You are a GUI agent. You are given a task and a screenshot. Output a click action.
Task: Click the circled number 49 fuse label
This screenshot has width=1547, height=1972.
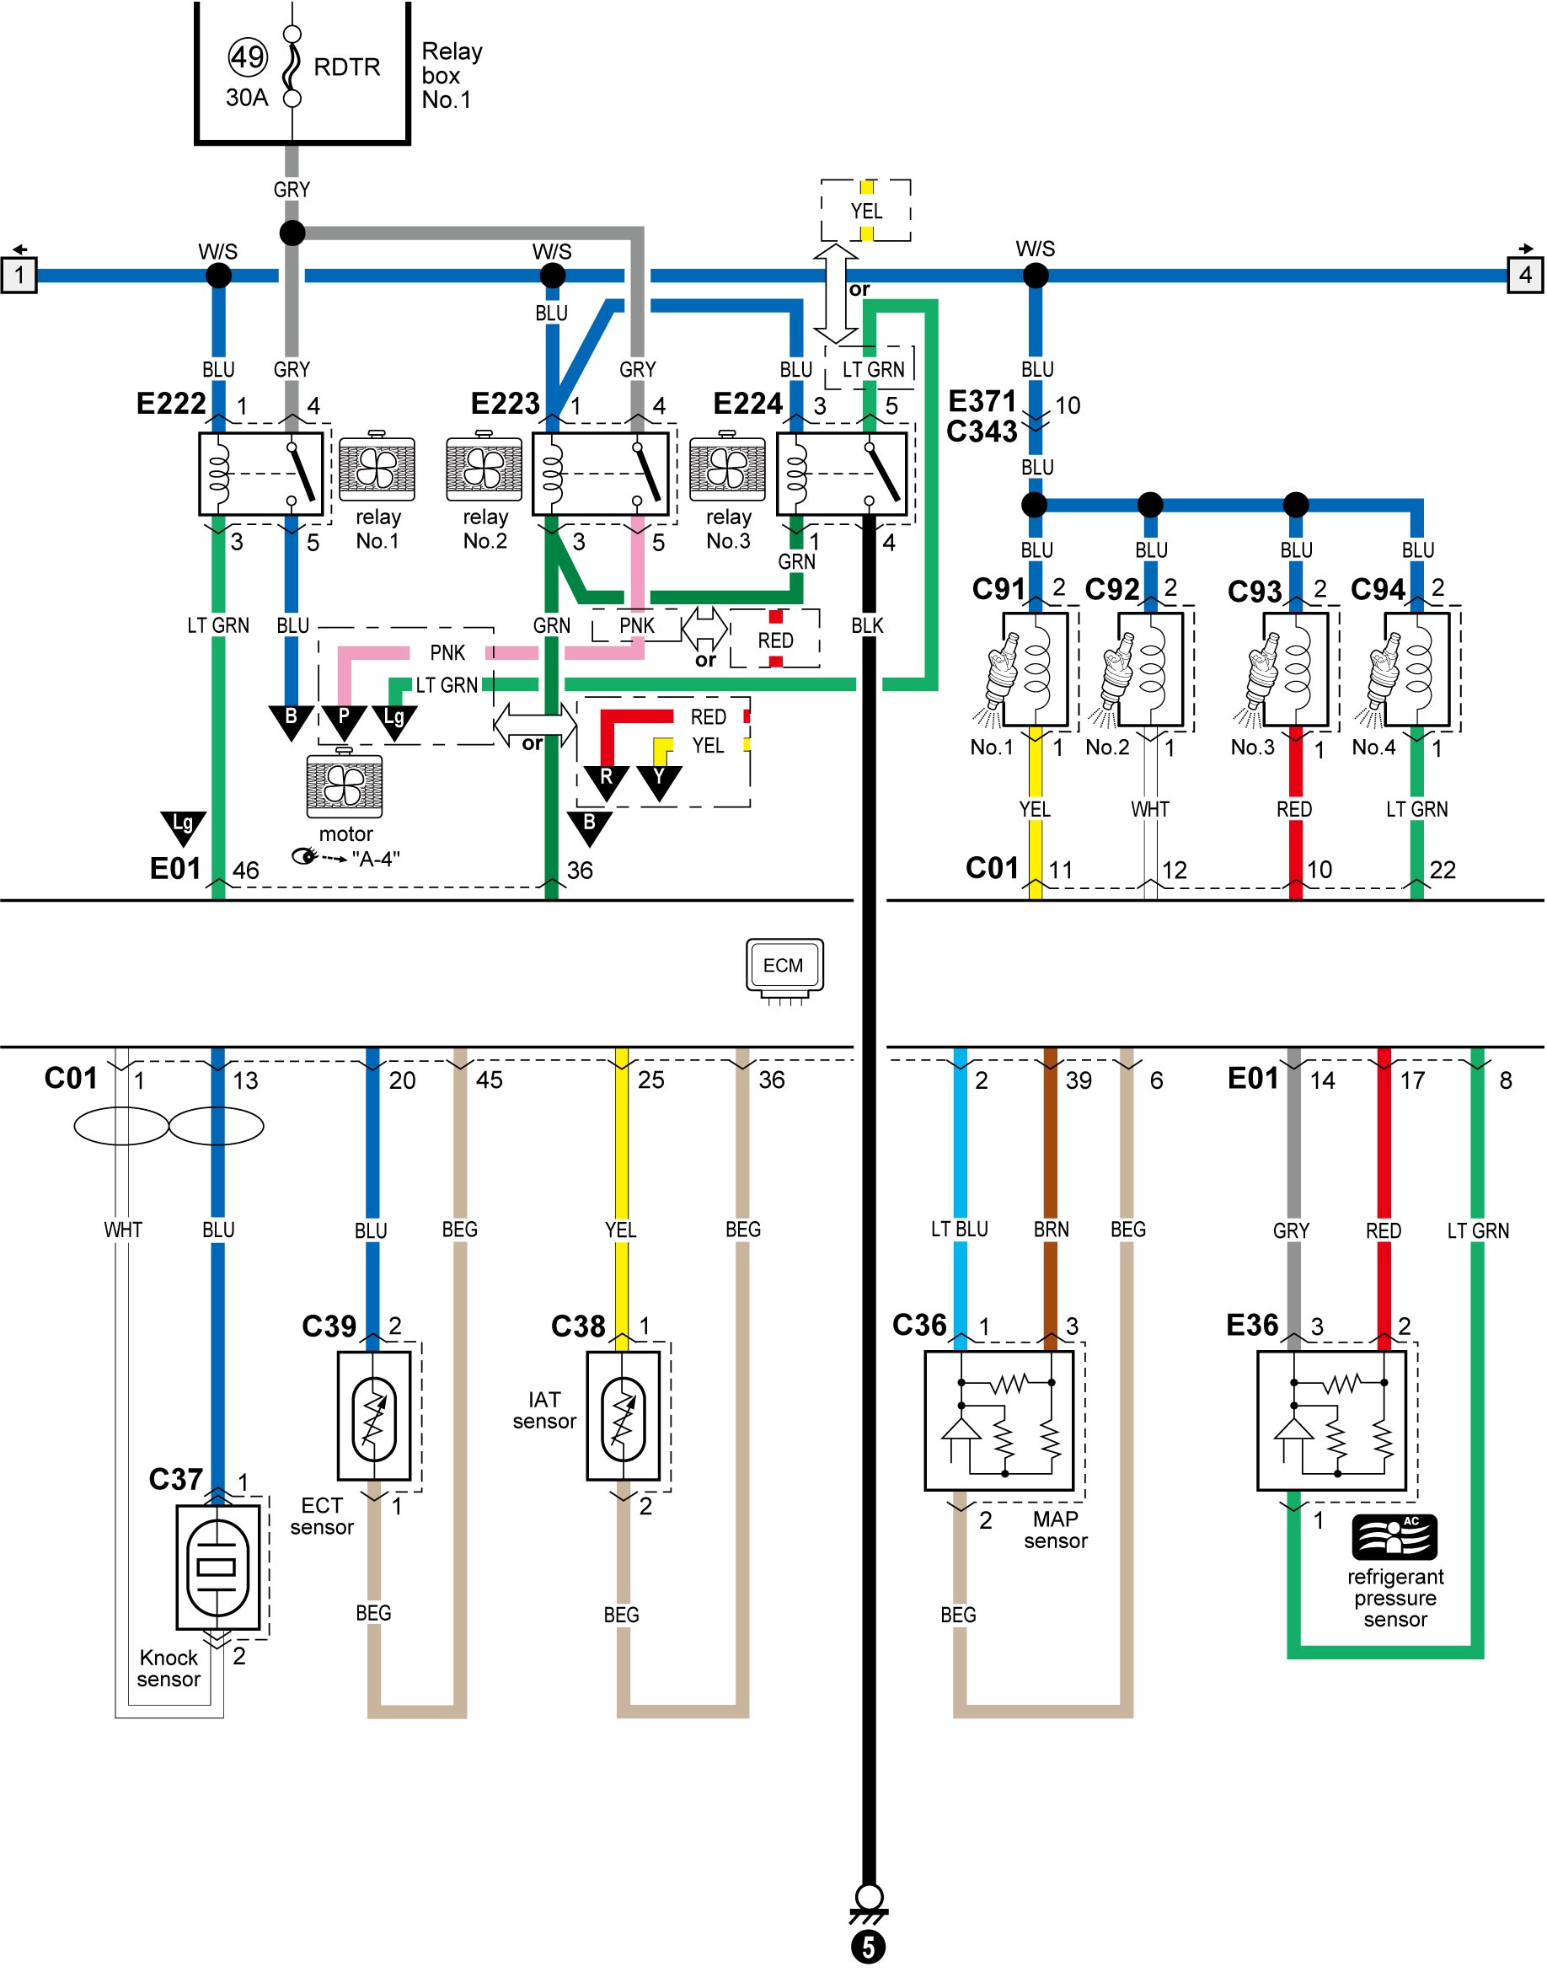coord(247,57)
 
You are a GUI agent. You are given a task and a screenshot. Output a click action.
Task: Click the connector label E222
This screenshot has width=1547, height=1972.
coord(171,403)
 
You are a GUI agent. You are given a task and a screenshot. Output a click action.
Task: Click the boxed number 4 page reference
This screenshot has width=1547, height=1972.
coord(1525,275)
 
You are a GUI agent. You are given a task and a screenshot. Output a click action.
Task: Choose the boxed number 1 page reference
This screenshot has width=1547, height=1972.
coord(19,275)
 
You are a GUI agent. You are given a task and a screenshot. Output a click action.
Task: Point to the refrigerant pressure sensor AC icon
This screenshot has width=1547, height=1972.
coord(1394,1536)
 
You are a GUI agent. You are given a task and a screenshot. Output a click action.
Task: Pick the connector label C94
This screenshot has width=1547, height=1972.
coord(1378,590)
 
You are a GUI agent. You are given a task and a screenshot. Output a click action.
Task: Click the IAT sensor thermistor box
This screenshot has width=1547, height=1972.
coord(624,1416)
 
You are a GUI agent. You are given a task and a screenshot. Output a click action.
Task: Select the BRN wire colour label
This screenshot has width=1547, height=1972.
coord(1051,1230)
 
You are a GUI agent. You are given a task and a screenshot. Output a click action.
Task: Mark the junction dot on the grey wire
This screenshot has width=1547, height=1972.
coord(292,233)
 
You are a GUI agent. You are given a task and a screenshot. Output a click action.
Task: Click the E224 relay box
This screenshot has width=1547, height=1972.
coord(842,474)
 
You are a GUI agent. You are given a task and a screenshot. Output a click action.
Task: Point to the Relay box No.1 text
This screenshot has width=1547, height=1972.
coord(451,75)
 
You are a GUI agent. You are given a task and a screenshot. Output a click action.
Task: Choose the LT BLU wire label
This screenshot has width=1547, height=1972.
coord(959,1230)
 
